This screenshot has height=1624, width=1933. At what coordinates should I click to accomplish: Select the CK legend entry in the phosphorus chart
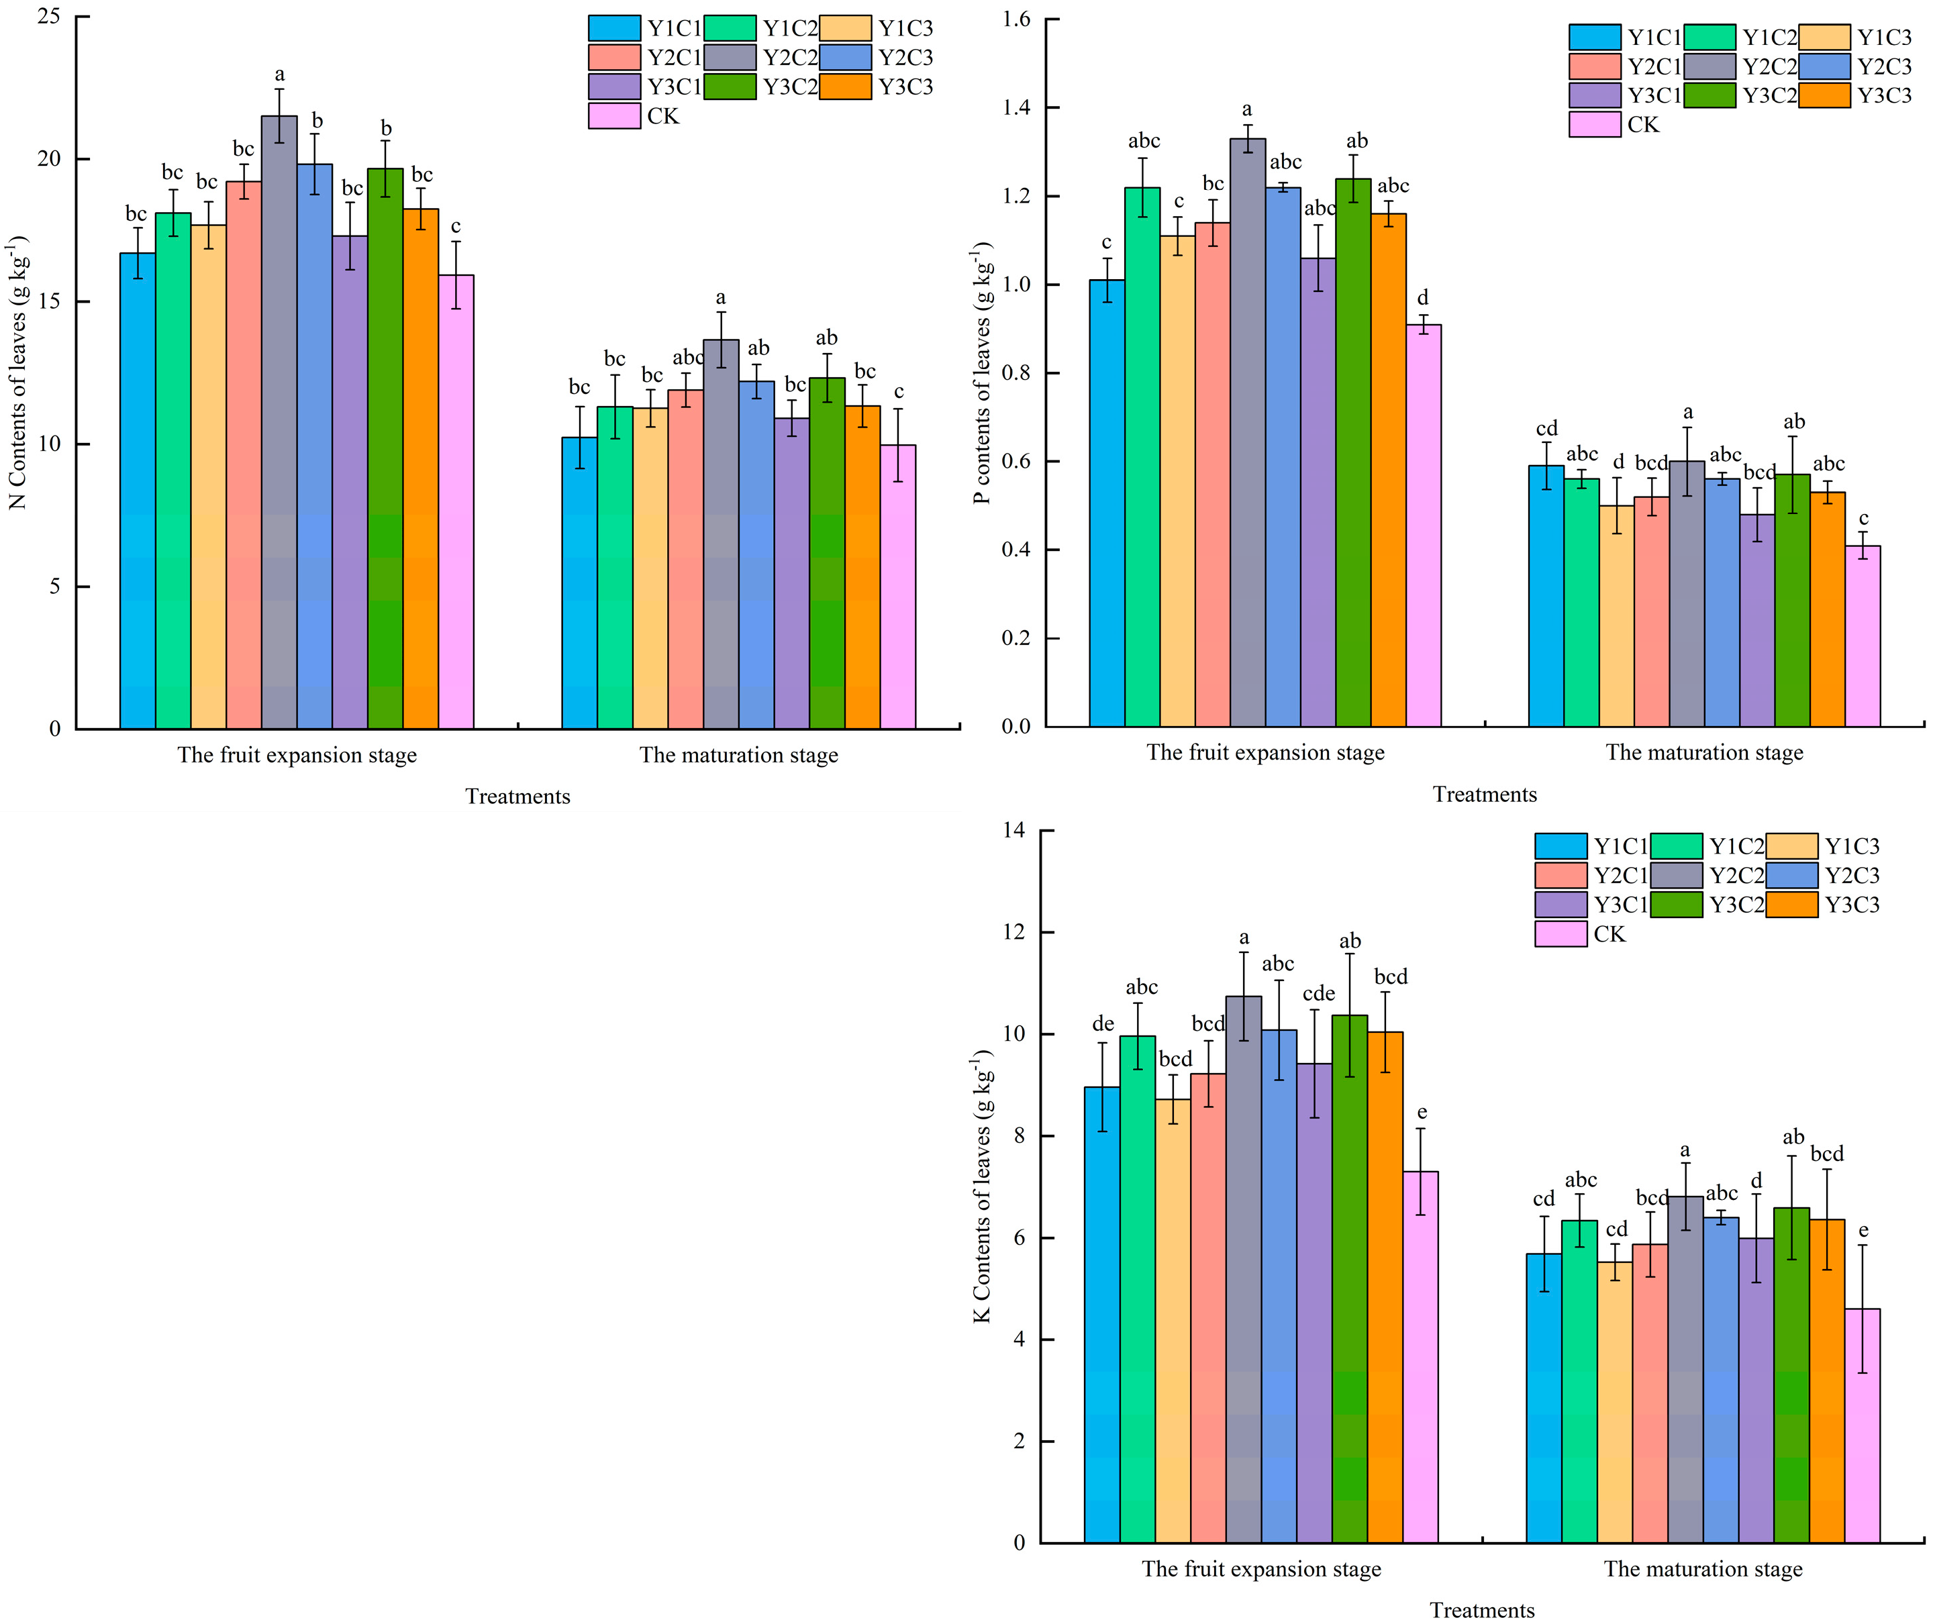click(x=1594, y=124)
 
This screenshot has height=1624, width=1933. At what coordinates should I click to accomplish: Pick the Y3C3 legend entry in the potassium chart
click(x=1791, y=905)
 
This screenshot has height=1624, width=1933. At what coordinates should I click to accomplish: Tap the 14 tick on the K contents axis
click(x=1013, y=830)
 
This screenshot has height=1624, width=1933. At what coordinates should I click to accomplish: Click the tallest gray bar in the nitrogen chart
click(x=279, y=423)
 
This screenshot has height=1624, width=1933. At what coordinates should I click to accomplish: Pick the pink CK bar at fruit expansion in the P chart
click(x=1423, y=525)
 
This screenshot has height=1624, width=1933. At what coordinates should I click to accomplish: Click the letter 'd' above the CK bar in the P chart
click(x=1423, y=298)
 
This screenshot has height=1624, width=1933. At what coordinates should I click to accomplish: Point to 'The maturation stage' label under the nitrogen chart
click(x=738, y=756)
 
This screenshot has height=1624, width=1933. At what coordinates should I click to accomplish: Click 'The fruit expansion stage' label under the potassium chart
click(x=1260, y=1569)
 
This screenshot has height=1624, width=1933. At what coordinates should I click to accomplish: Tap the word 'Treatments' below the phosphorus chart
click(x=1483, y=795)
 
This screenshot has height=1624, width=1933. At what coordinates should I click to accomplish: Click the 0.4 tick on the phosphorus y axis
click(x=1015, y=550)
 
